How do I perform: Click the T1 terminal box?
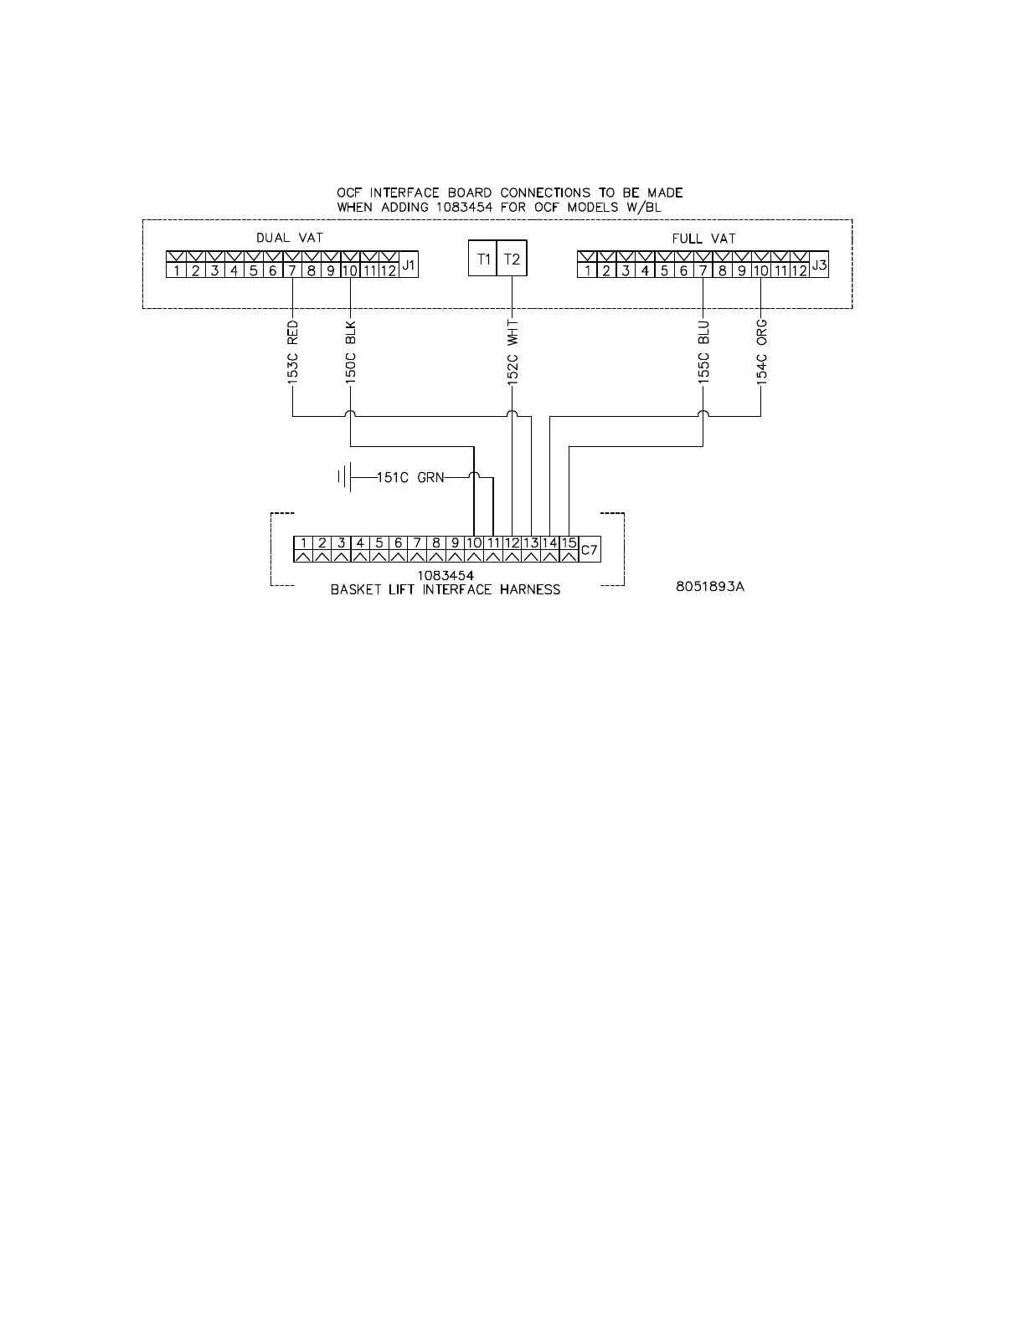click(483, 259)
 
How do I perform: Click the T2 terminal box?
click(512, 259)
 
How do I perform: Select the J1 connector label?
click(409, 265)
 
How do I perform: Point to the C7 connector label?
click(590, 550)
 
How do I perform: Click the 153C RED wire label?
click(293, 352)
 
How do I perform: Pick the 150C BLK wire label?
click(351, 352)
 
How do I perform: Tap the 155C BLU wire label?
click(703, 352)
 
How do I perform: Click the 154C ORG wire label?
click(761, 351)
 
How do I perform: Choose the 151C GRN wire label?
click(410, 478)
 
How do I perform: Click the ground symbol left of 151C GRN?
click(343, 478)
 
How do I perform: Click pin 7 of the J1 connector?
click(292, 270)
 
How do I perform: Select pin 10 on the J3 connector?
click(760, 270)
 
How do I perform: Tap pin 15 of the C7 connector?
click(569, 543)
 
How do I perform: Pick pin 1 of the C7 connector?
click(303, 543)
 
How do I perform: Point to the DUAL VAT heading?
click(289, 238)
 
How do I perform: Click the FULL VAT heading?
click(703, 239)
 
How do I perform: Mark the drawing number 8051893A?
click(710, 586)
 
